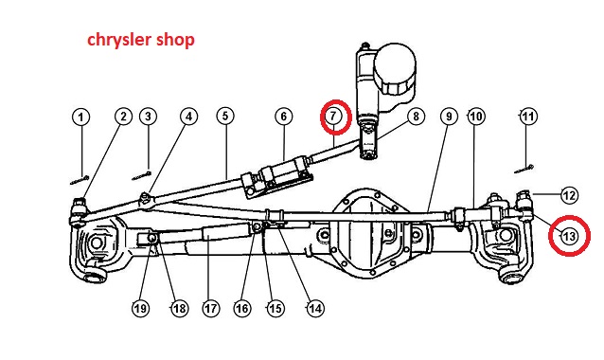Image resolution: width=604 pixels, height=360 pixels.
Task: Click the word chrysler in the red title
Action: [119, 41]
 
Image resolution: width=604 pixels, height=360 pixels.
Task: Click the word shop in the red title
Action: [175, 41]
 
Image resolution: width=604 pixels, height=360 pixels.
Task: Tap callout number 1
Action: [80, 117]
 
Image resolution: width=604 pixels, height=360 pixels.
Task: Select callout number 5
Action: [225, 116]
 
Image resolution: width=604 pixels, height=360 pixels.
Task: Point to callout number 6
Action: [284, 117]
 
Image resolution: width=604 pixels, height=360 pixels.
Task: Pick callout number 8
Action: [416, 117]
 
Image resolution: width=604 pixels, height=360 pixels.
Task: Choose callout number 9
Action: [449, 117]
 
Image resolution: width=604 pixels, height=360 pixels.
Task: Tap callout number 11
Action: [528, 117]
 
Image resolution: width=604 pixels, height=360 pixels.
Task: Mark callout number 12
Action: [570, 195]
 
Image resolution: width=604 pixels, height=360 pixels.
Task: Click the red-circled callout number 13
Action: [569, 236]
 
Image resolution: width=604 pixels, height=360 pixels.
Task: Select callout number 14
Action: [315, 308]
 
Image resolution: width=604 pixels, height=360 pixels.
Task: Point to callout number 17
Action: [211, 308]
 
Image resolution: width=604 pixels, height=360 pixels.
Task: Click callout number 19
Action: [140, 308]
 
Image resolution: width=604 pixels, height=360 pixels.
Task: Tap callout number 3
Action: [149, 117]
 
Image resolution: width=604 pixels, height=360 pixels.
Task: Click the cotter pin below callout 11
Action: [524, 170]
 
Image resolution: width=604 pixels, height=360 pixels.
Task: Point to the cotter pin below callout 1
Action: [80, 180]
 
